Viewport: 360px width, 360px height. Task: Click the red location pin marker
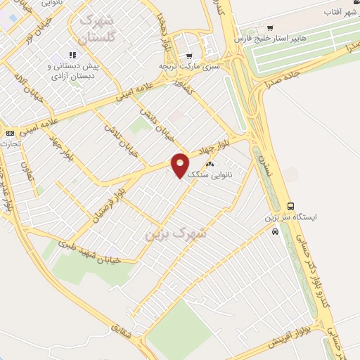(x=180, y=165)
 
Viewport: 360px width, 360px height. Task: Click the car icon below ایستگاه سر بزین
(x=276, y=231)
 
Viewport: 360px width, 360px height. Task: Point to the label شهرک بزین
(x=176, y=232)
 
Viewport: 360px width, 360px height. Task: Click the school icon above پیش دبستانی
(x=72, y=55)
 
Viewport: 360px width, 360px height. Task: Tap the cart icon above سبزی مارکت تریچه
(x=188, y=56)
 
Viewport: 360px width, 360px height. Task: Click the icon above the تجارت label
(x=10, y=133)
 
